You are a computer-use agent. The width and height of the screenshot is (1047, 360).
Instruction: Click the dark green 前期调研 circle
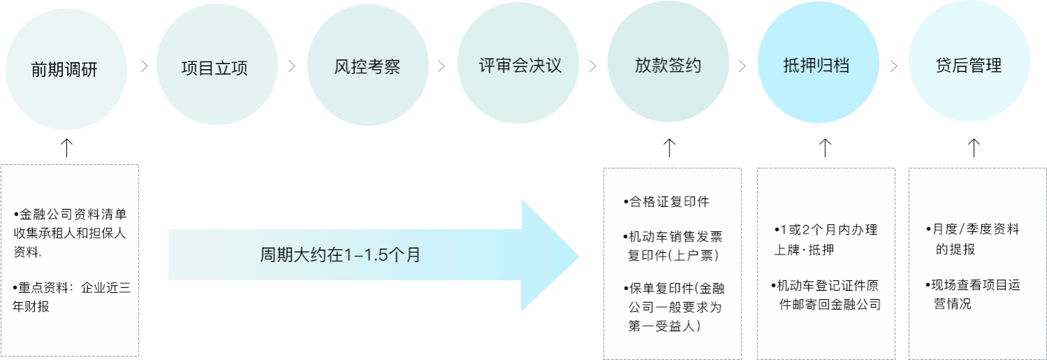point(66,69)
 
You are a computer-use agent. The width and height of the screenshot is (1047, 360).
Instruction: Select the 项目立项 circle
point(215,67)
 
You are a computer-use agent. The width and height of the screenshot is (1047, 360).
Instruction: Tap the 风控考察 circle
point(367,67)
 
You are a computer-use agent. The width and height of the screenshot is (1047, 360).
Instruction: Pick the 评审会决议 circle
point(518,66)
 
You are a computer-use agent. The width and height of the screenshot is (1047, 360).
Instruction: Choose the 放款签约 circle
point(668,66)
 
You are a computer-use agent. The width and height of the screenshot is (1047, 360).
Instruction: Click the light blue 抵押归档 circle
point(818,66)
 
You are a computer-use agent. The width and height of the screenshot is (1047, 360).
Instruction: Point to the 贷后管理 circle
point(969,66)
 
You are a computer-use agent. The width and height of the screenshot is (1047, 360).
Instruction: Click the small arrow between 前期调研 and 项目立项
point(144,67)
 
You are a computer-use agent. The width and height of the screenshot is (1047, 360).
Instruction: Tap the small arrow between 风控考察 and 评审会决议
point(441,67)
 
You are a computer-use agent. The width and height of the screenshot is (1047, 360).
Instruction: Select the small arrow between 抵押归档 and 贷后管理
point(894,67)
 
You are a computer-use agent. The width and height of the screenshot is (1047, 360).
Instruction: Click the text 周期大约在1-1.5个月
point(340,255)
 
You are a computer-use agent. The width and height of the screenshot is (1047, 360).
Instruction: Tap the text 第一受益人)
point(664,326)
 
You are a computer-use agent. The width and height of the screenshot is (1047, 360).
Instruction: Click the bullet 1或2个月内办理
point(825,230)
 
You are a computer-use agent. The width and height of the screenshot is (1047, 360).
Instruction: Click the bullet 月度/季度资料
point(976,229)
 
